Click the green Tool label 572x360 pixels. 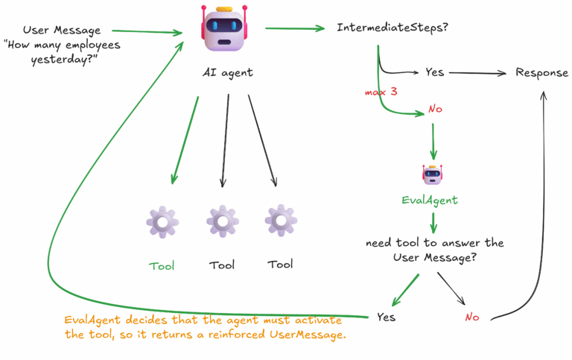(162, 265)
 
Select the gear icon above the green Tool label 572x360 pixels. (162, 222)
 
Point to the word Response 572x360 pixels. (542, 73)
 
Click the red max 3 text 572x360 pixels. (382, 92)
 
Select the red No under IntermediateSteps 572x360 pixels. (435, 110)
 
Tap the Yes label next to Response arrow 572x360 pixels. (434, 73)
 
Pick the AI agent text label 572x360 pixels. (228, 72)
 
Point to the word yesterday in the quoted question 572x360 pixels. (65, 60)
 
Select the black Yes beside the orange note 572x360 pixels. (386, 317)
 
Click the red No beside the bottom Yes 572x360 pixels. (472, 317)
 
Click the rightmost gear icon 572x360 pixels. (280, 221)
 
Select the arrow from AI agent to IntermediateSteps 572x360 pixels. (295, 28)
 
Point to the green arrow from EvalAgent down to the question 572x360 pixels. (433, 221)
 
